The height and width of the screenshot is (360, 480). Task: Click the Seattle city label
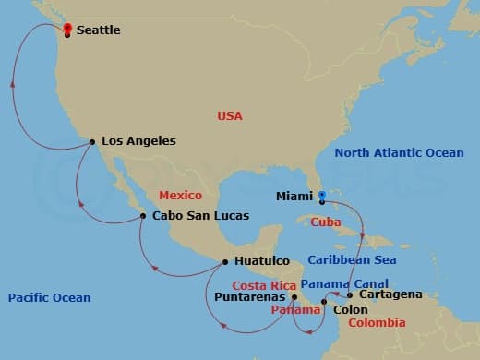[99, 30]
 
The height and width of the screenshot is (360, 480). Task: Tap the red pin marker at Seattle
[67, 28]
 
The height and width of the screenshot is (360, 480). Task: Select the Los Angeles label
[138, 141]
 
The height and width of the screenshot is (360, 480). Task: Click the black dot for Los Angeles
[91, 141]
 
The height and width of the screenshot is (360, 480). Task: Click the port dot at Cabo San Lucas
[143, 216]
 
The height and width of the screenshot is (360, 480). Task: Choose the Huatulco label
[262, 261]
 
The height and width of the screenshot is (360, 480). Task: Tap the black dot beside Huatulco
[225, 261]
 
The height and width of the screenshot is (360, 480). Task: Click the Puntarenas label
[250, 297]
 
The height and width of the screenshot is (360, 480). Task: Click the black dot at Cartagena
[350, 295]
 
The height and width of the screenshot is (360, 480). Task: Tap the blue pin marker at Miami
[321, 195]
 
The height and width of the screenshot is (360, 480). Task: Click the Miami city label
[294, 197]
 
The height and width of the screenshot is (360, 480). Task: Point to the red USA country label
[230, 116]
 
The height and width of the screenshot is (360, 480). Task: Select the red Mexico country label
[180, 196]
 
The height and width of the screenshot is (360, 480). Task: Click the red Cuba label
[327, 222]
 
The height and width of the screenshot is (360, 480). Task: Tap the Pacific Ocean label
[49, 297]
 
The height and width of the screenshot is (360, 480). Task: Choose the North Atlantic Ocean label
[399, 153]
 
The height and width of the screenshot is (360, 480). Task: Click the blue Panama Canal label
[344, 283]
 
